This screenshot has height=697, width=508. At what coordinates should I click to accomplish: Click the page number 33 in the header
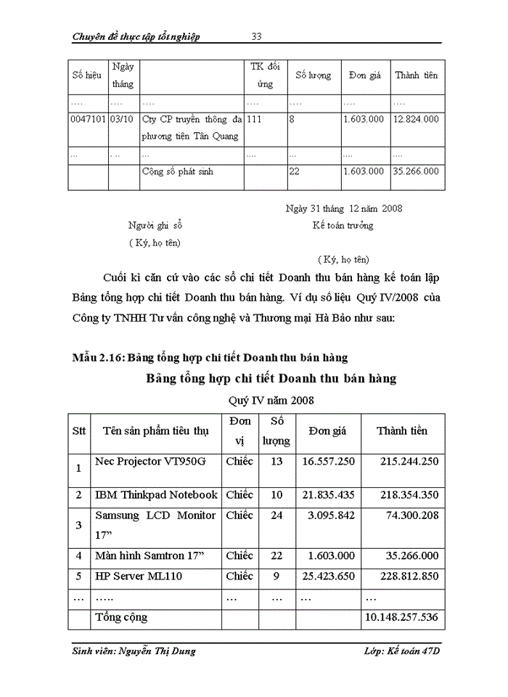pyautogui.click(x=256, y=36)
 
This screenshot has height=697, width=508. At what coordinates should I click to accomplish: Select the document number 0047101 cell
pyautogui.click(x=88, y=118)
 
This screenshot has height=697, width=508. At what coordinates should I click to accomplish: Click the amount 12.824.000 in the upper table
pyautogui.click(x=416, y=118)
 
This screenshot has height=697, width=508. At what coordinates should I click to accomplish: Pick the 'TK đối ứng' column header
pyautogui.click(x=265, y=76)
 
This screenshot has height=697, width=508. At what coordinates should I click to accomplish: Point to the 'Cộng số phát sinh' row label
pyautogui.click(x=178, y=171)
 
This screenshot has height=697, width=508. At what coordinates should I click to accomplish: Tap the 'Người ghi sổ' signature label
pyautogui.click(x=155, y=225)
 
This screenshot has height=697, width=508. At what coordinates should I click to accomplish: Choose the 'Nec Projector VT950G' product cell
pyautogui.click(x=150, y=461)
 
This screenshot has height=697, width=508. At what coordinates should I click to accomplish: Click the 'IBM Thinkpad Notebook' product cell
pyautogui.click(x=156, y=494)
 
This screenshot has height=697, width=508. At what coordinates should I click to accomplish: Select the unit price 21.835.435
pyautogui.click(x=328, y=494)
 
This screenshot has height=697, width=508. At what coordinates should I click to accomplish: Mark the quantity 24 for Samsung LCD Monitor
pyautogui.click(x=276, y=515)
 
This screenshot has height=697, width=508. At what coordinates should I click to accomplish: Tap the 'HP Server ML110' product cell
pyautogui.click(x=139, y=576)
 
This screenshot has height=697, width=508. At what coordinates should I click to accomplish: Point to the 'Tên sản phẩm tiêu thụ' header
pyautogui.click(x=155, y=431)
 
